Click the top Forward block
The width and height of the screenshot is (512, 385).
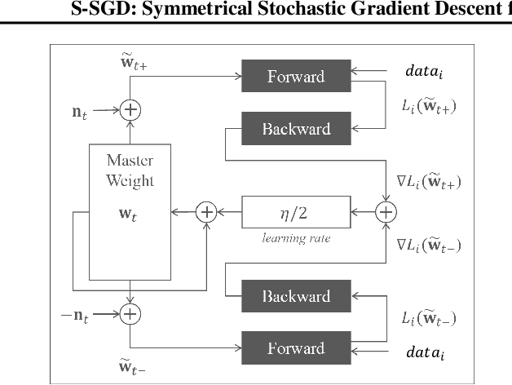(x=296, y=77)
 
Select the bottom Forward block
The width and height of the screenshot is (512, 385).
(x=296, y=348)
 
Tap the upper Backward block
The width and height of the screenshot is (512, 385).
(x=296, y=129)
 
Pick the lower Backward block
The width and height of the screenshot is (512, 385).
(x=296, y=296)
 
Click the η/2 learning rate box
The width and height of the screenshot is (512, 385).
(x=296, y=212)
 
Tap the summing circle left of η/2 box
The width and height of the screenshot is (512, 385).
(x=207, y=212)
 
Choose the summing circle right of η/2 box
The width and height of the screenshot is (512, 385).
(x=385, y=212)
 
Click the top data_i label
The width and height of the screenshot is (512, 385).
(x=425, y=72)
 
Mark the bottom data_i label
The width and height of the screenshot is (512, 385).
(x=425, y=353)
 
